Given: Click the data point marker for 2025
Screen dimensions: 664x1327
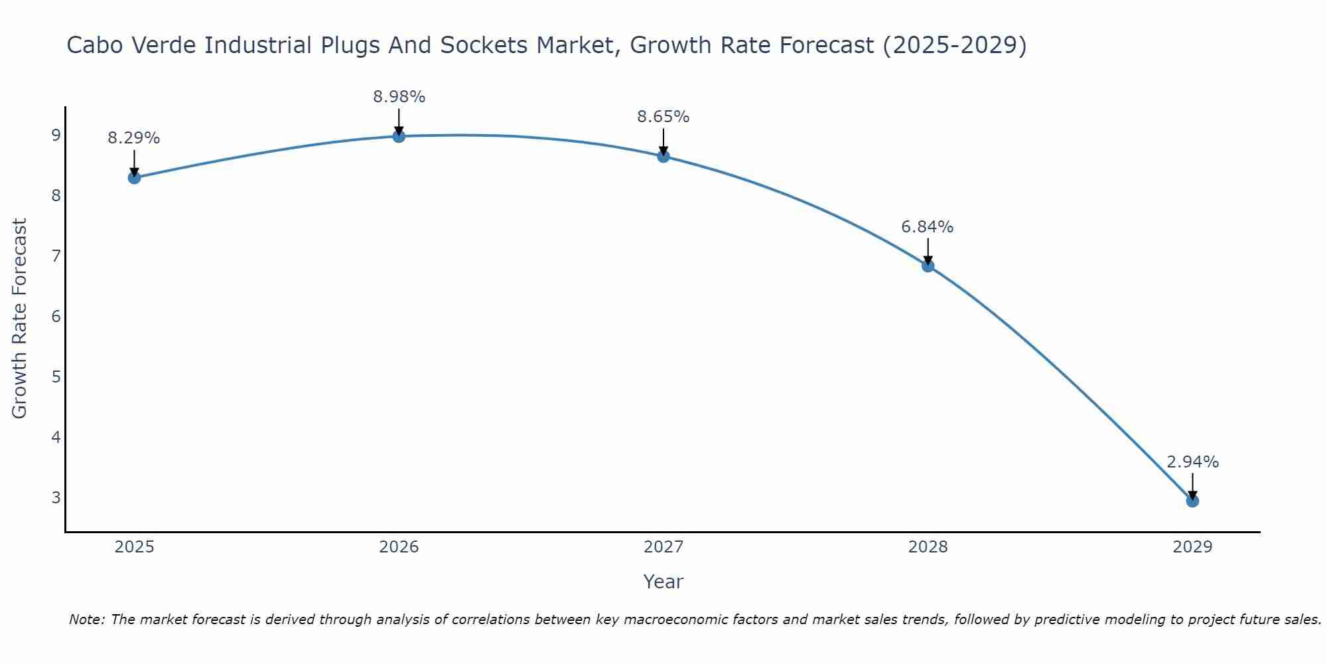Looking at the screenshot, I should tap(134, 177).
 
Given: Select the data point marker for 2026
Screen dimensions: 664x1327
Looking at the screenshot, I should tap(399, 136).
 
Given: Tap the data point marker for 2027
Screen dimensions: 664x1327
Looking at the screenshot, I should tap(663, 156).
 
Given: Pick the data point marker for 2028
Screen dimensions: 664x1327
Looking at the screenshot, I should tap(928, 266).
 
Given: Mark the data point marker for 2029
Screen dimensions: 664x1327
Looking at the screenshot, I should tap(1192, 501).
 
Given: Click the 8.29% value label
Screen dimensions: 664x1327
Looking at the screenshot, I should tap(134, 138).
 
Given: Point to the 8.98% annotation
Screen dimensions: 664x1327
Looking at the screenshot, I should tap(399, 97).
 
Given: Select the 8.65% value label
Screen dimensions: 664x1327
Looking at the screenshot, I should tap(663, 117).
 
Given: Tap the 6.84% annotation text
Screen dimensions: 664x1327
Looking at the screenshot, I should tap(928, 227).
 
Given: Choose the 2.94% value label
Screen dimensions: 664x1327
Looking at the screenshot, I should tap(1192, 462).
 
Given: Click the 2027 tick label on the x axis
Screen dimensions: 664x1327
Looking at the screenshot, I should tap(663, 547).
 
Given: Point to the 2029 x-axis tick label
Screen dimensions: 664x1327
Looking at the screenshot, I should tap(1192, 547).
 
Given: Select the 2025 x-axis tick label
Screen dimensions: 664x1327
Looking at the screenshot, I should tap(134, 547).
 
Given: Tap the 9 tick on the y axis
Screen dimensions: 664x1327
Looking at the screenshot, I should tap(56, 135).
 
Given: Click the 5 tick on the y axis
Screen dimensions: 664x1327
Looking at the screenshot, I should tap(56, 376).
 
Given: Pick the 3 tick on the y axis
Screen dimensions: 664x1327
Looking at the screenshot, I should tap(56, 497).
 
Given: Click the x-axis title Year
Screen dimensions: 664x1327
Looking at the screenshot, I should tap(663, 582).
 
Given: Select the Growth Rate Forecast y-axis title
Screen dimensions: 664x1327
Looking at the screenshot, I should tap(20, 319).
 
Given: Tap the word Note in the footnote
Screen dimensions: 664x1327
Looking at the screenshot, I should tap(86, 620).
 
